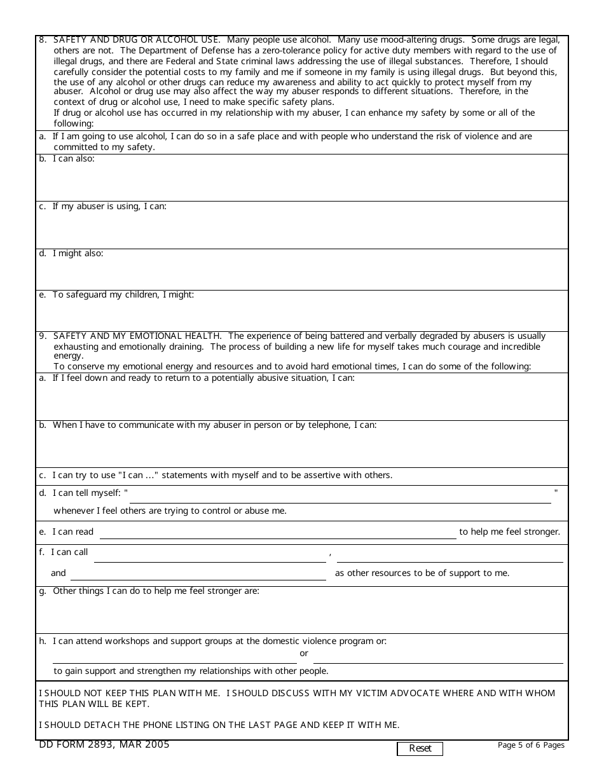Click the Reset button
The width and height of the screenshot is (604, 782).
point(420,748)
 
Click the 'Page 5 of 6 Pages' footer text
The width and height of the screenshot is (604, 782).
point(531,745)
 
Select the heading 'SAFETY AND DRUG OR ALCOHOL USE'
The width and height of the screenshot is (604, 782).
point(137,39)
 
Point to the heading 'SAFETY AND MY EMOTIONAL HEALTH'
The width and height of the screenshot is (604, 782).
point(137,336)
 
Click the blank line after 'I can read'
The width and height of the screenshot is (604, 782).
point(277,533)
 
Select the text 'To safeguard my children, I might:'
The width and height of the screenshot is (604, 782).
point(123,295)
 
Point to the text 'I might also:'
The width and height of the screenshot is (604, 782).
point(78,254)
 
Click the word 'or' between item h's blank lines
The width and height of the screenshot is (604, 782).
point(304,654)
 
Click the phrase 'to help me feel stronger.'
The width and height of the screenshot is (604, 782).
point(509,532)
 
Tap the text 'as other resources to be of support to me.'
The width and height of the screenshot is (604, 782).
point(422,573)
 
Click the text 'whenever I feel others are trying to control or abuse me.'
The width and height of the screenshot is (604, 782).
point(170,511)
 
